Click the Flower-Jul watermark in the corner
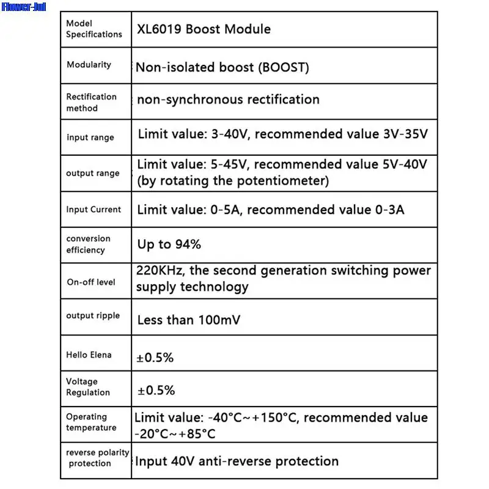click(23, 8)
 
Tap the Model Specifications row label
click(94, 29)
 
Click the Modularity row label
click(89, 65)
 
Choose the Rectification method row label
click(91, 102)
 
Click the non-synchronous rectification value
click(228, 99)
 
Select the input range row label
click(90, 138)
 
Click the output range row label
click(92, 173)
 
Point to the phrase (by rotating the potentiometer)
click(233, 181)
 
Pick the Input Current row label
click(94, 209)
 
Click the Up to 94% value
click(169, 244)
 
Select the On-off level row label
click(90, 282)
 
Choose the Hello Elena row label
click(89, 355)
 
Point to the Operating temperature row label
click(91, 422)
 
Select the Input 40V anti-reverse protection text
click(237, 461)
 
